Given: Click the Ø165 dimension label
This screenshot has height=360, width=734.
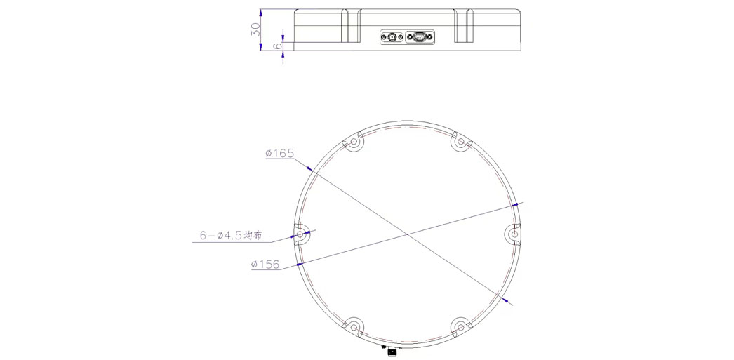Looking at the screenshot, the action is click(279, 154).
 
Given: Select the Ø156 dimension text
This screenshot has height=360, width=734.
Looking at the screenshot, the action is click(265, 265).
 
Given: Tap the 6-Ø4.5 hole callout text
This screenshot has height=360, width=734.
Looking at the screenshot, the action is click(230, 236).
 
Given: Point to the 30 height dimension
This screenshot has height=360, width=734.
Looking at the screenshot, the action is click(254, 30).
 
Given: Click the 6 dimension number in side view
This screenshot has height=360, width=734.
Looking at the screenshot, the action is click(277, 46).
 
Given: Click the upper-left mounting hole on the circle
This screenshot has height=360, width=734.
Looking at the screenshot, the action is click(354, 142).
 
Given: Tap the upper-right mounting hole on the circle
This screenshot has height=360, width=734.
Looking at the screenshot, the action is click(460, 142).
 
